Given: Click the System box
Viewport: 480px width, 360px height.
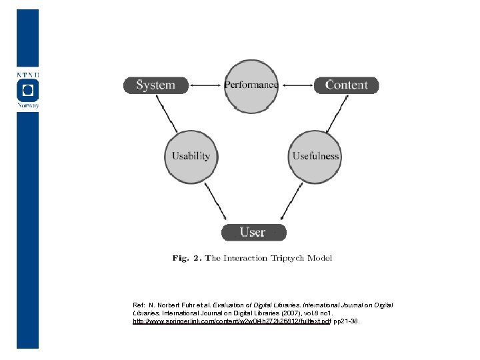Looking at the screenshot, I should pyautogui.click(x=155, y=85).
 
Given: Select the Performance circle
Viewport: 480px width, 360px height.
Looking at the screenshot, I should pyautogui.click(x=251, y=85).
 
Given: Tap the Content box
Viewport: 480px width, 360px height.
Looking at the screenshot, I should pyautogui.click(x=346, y=85).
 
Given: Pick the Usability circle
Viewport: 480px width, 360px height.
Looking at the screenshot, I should pyautogui.click(x=191, y=156).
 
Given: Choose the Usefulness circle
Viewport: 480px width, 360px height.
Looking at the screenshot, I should pyautogui.click(x=315, y=156).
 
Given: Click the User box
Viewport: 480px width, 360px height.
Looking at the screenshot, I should pyautogui.click(x=253, y=232).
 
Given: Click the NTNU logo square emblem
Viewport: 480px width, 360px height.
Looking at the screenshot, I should pyautogui.click(x=27, y=89).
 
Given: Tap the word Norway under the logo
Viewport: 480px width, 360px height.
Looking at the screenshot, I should pyautogui.click(x=27, y=105).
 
